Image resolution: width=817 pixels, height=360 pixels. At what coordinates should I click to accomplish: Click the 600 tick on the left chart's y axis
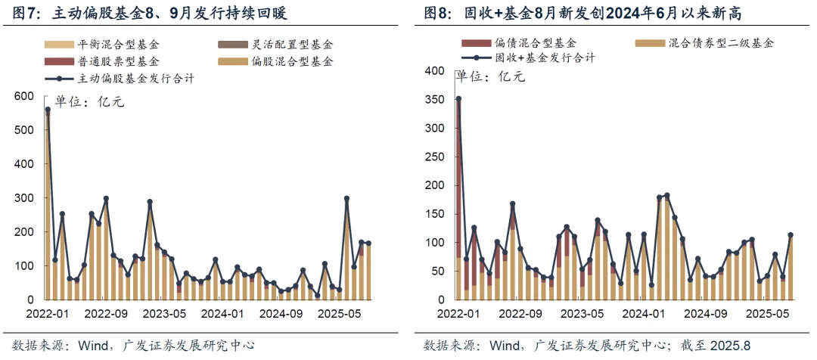26,96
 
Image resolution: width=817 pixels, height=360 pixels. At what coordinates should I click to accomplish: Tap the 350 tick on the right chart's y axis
434,99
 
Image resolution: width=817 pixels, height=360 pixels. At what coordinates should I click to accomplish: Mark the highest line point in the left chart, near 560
48,110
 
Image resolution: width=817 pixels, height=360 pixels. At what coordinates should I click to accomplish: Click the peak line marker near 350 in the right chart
458,99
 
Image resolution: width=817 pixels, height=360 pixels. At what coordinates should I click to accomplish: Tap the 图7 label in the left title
20,13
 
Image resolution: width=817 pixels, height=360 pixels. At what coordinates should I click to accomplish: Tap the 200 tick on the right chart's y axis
434,185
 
